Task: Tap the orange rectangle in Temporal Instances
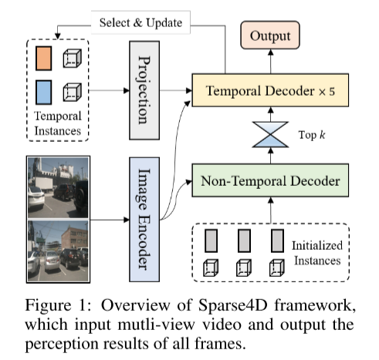click(44, 58)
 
